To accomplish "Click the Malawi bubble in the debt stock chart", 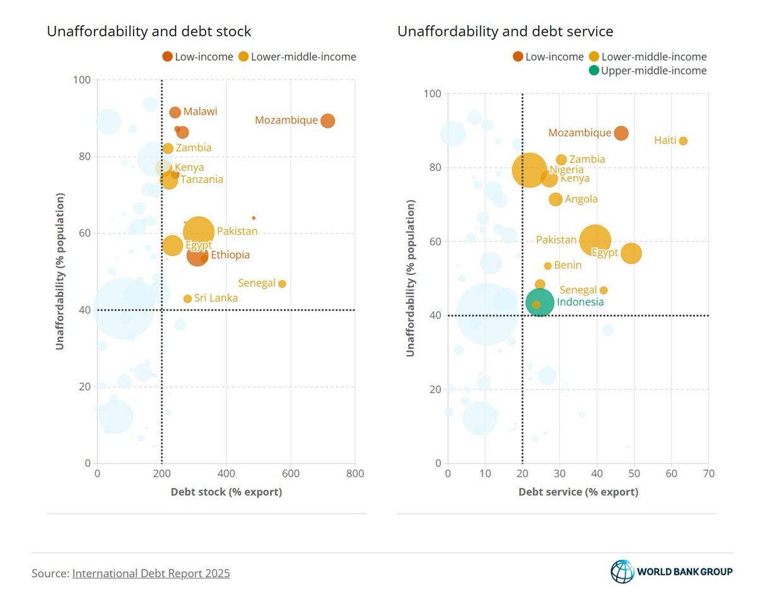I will pyautogui.click(x=175, y=112).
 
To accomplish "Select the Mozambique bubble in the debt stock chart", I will pyautogui.click(x=327, y=120).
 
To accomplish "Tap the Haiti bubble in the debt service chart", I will pyautogui.click(x=683, y=141).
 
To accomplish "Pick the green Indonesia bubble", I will pyautogui.click(x=540, y=302).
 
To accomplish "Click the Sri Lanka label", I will pyautogui.click(x=216, y=298).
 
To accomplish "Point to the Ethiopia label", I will pyautogui.click(x=230, y=255).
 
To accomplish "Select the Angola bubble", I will pyautogui.click(x=555, y=199).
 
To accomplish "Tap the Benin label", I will pyautogui.click(x=568, y=266).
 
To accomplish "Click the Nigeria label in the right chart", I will pyautogui.click(x=566, y=170).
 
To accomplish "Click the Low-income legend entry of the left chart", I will pyautogui.click(x=197, y=57).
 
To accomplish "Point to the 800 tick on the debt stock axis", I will pyautogui.click(x=355, y=474).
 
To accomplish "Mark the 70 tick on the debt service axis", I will pyautogui.click(x=708, y=474).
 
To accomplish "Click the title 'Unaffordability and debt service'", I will pyautogui.click(x=505, y=31).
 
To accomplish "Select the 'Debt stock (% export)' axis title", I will pyautogui.click(x=226, y=492).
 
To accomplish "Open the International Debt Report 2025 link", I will pyautogui.click(x=151, y=573).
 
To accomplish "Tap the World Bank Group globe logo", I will pyautogui.click(x=622, y=572).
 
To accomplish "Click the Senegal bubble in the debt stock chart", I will pyautogui.click(x=282, y=284).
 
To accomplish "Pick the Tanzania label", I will pyautogui.click(x=202, y=180).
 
